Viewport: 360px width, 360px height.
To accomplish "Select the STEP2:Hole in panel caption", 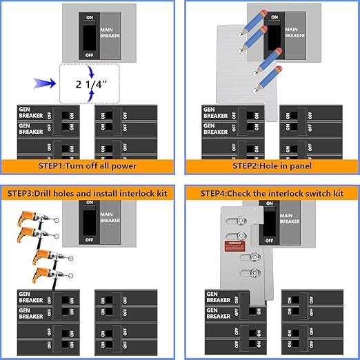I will click(269, 166).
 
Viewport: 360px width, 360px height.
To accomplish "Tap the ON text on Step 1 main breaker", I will click(88, 16).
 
